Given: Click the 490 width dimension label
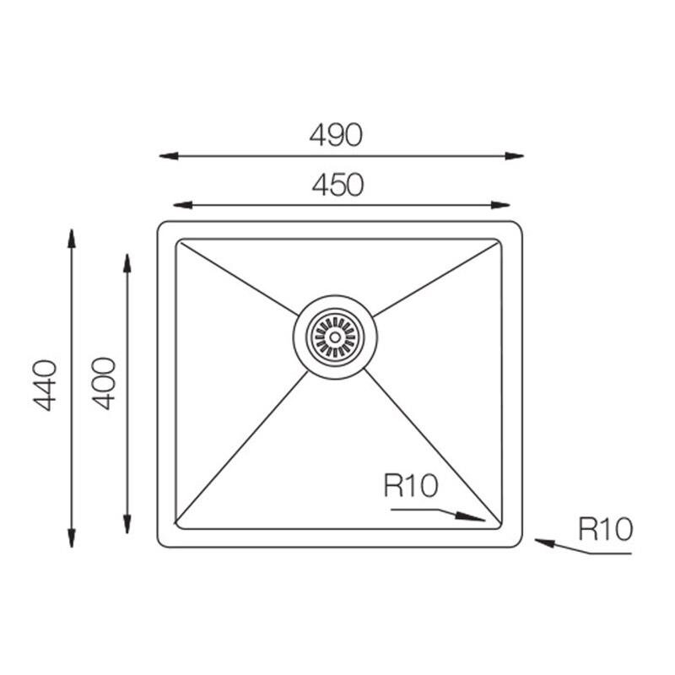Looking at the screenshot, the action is tap(336, 135).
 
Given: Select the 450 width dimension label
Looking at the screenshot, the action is tap(338, 185).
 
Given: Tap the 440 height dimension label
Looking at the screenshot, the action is tap(45, 386).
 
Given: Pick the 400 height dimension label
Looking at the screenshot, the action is tap(104, 383).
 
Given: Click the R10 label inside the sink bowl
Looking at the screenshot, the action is tap(411, 486).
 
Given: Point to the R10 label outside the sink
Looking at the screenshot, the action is tap(605, 529).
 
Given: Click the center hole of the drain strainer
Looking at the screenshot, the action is tap(335, 337).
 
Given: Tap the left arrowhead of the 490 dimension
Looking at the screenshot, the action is tap(169, 156).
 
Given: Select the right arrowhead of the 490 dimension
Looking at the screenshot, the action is tap(514, 156).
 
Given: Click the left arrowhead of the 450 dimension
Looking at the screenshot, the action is tap(182, 205).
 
